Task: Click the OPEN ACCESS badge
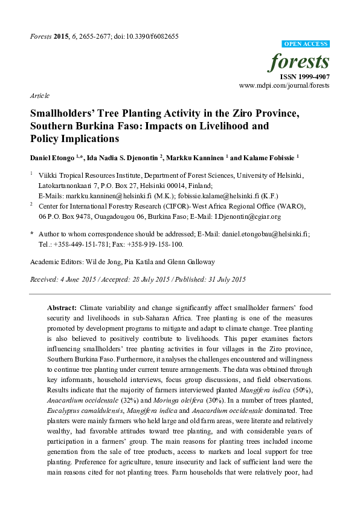[x=306, y=44]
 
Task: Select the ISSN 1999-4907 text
[x=304, y=77]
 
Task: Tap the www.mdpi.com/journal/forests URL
[x=284, y=86]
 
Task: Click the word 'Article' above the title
[x=39, y=96]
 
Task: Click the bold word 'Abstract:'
[x=62, y=307]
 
